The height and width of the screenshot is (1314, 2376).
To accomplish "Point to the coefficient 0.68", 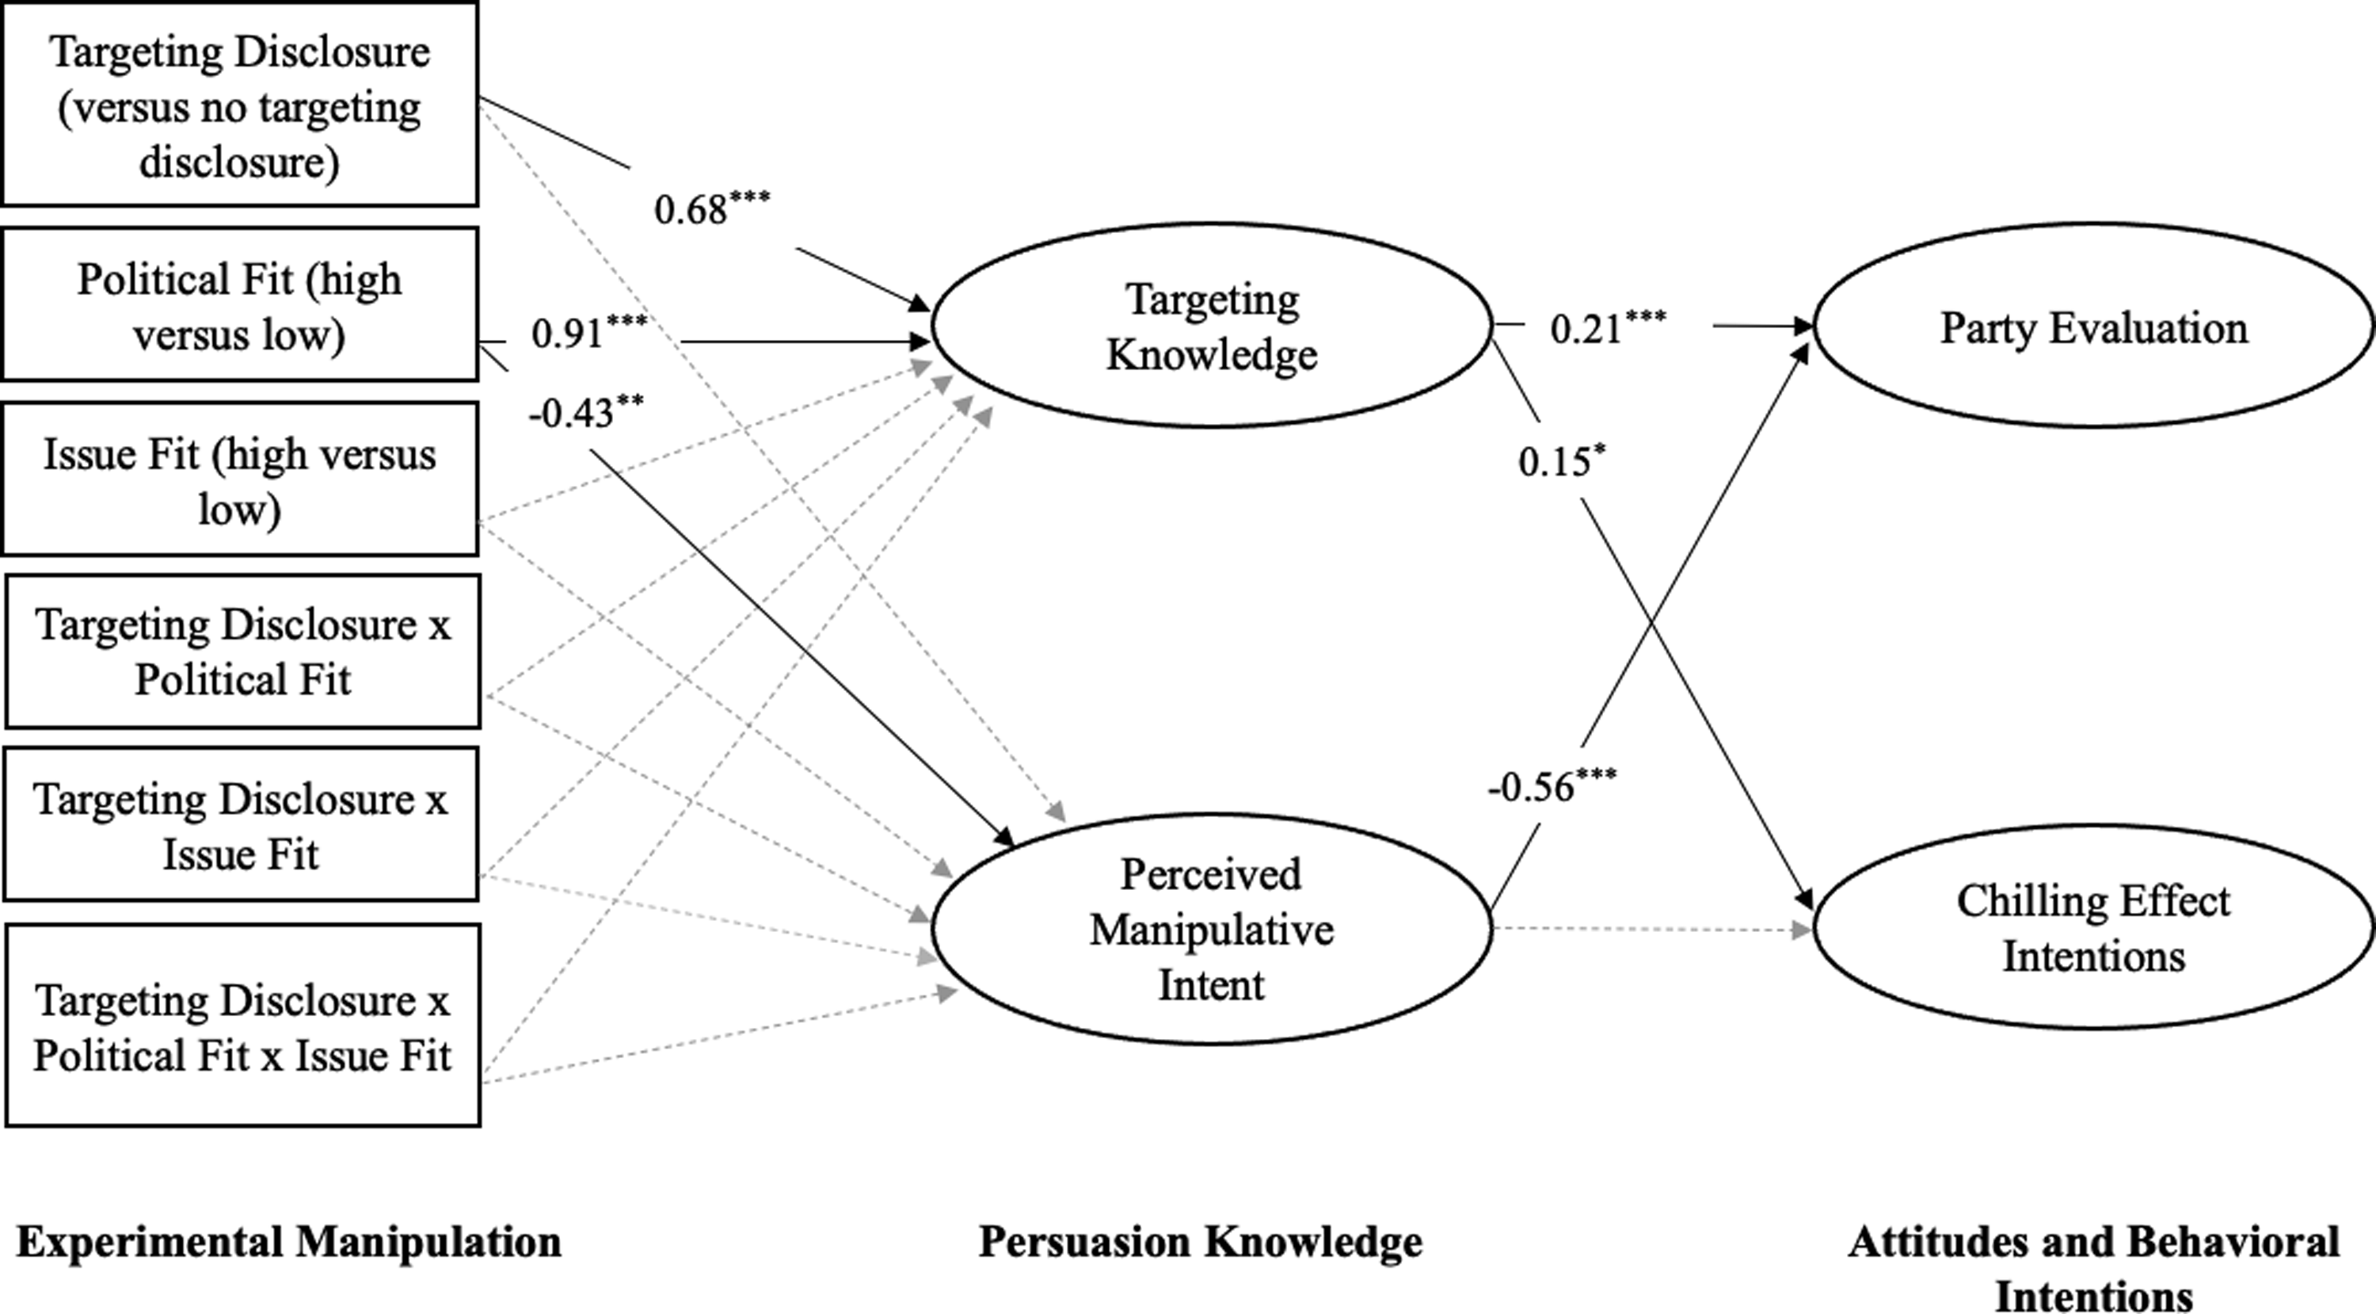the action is tap(712, 207).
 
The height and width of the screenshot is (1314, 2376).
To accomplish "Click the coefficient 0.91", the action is tap(589, 331).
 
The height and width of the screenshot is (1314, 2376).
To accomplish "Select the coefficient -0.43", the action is tap(587, 411).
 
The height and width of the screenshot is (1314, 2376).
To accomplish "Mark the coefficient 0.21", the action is tap(1609, 327).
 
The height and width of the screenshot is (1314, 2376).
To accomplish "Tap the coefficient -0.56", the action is tap(1552, 785).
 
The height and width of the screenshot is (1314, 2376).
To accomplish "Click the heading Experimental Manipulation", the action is tap(289, 1242).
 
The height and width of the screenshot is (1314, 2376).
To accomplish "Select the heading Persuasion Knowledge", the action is tap(1201, 1242).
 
